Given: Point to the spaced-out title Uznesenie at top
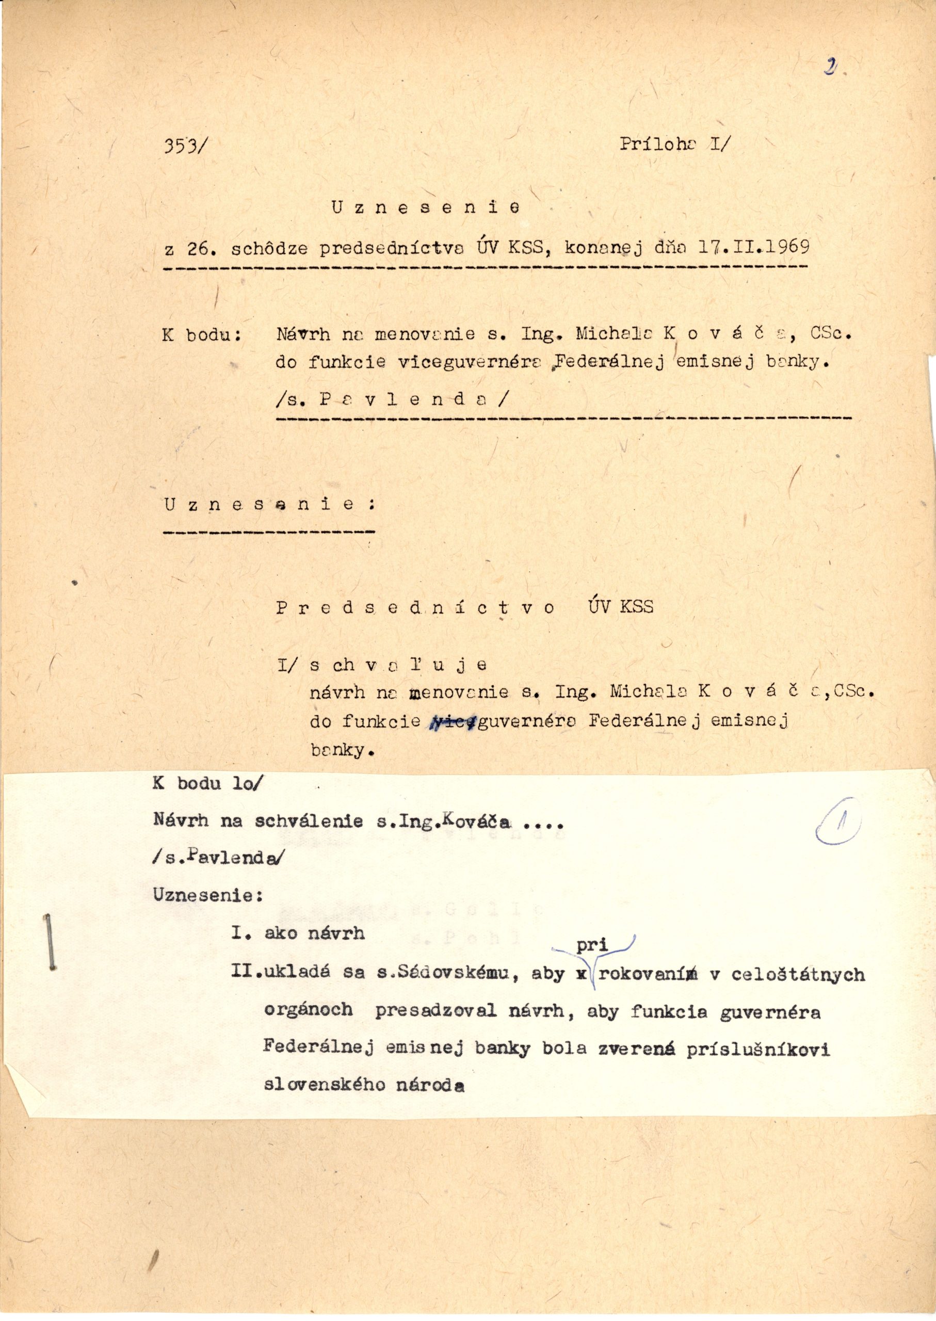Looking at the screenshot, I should [425, 208].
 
